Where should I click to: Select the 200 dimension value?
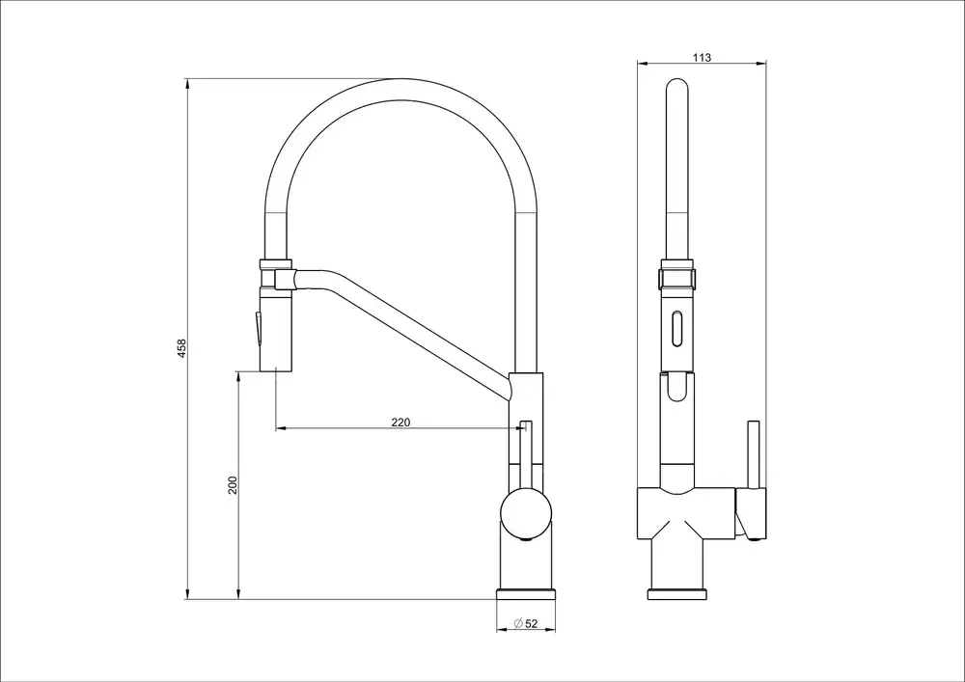pos(232,485)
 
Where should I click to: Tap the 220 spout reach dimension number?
pos(400,422)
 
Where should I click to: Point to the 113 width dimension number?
pos(702,58)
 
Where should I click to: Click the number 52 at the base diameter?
pos(532,624)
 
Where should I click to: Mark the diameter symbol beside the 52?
pos(518,624)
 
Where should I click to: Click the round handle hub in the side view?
pos(525,512)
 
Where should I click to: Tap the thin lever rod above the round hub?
pos(525,453)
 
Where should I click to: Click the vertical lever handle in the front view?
pos(751,453)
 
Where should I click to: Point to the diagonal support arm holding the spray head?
pos(405,328)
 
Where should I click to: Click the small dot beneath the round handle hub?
pos(525,542)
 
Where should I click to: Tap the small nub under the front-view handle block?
pos(751,542)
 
